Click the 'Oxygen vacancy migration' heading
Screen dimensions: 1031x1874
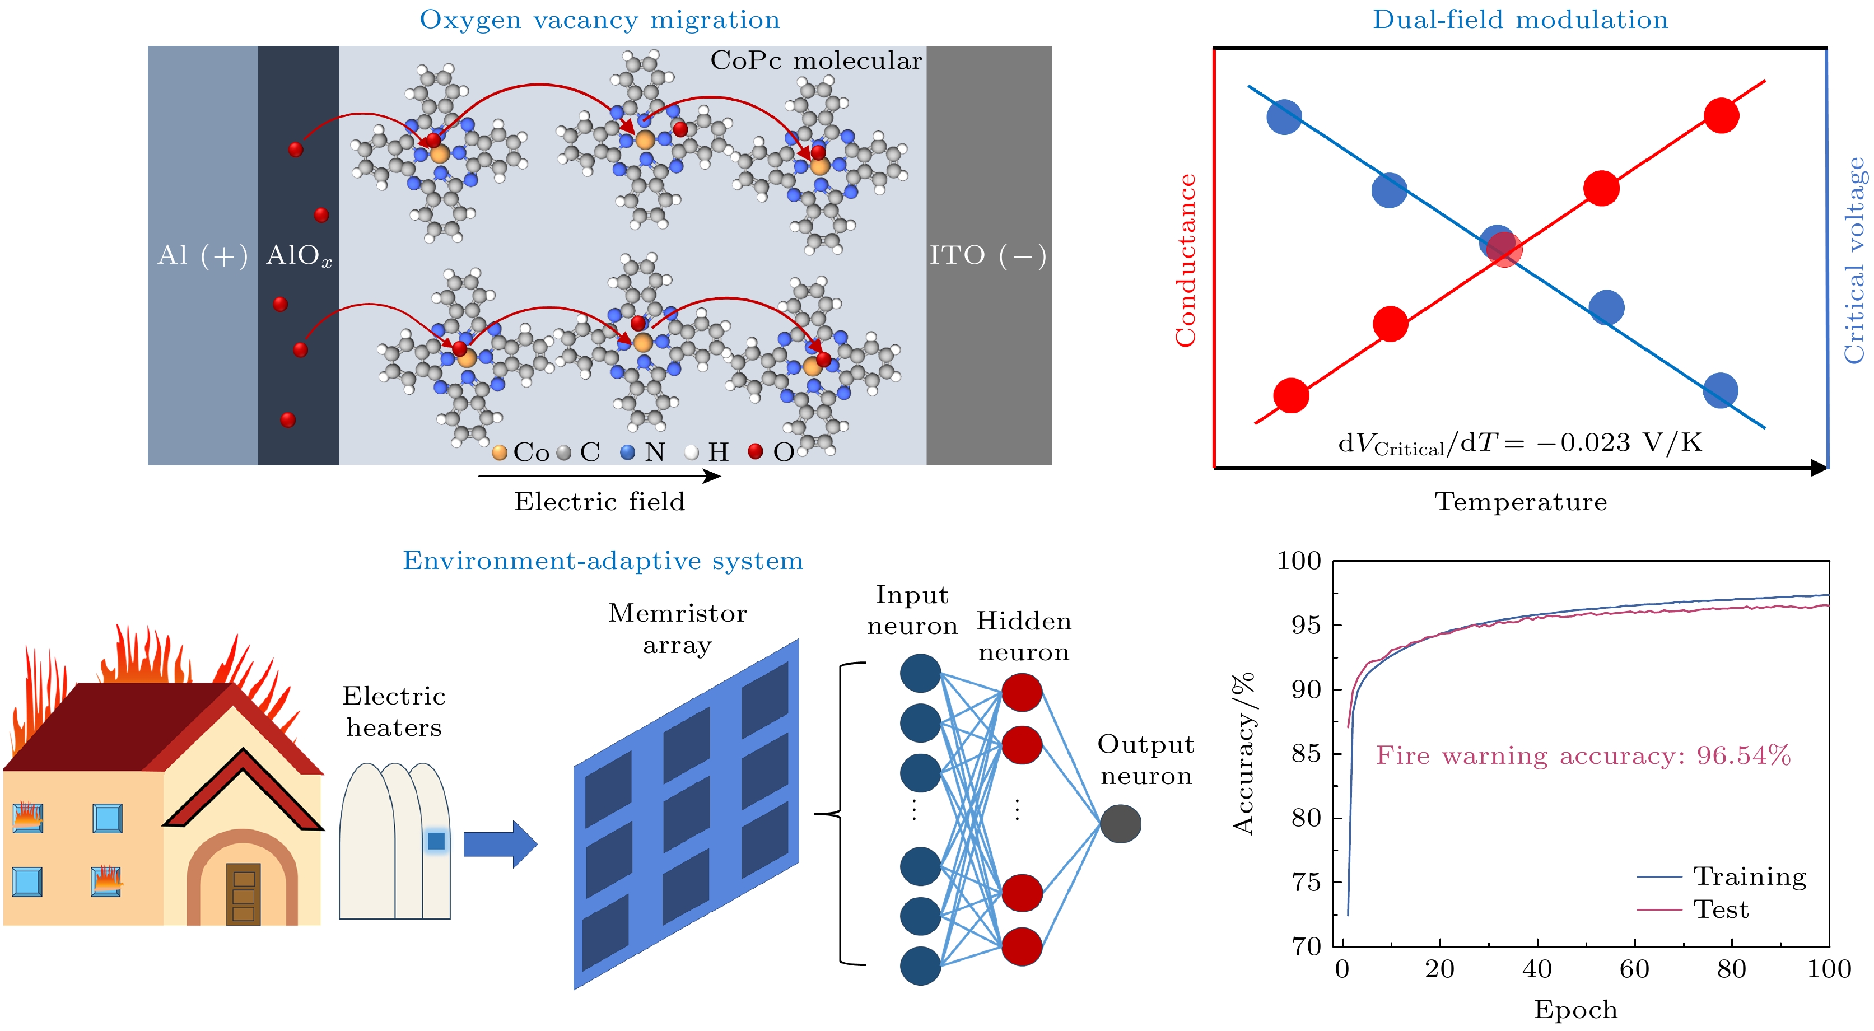[x=599, y=20]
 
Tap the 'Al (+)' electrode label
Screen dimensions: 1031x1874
[x=202, y=255]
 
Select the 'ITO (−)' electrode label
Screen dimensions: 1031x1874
[x=988, y=255]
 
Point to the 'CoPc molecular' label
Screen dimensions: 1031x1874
[x=815, y=60]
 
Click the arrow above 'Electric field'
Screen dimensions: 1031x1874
[x=599, y=476]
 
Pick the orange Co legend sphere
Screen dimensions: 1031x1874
[x=499, y=452]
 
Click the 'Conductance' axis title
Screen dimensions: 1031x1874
[x=1186, y=260]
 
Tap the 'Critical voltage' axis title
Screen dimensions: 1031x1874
[x=1854, y=260]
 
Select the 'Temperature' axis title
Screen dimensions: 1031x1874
[x=1521, y=501]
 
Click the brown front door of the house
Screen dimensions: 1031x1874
[x=243, y=893]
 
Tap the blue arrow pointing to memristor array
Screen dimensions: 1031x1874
[x=500, y=844]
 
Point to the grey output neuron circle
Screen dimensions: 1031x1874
[x=1120, y=824]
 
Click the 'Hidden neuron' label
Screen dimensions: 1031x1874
[x=1024, y=637]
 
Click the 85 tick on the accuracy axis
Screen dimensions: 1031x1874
[x=1306, y=753]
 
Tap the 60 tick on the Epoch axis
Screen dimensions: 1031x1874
[x=1634, y=969]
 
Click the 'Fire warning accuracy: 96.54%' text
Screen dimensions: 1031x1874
[x=1583, y=755]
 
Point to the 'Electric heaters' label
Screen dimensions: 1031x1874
[x=394, y=712]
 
